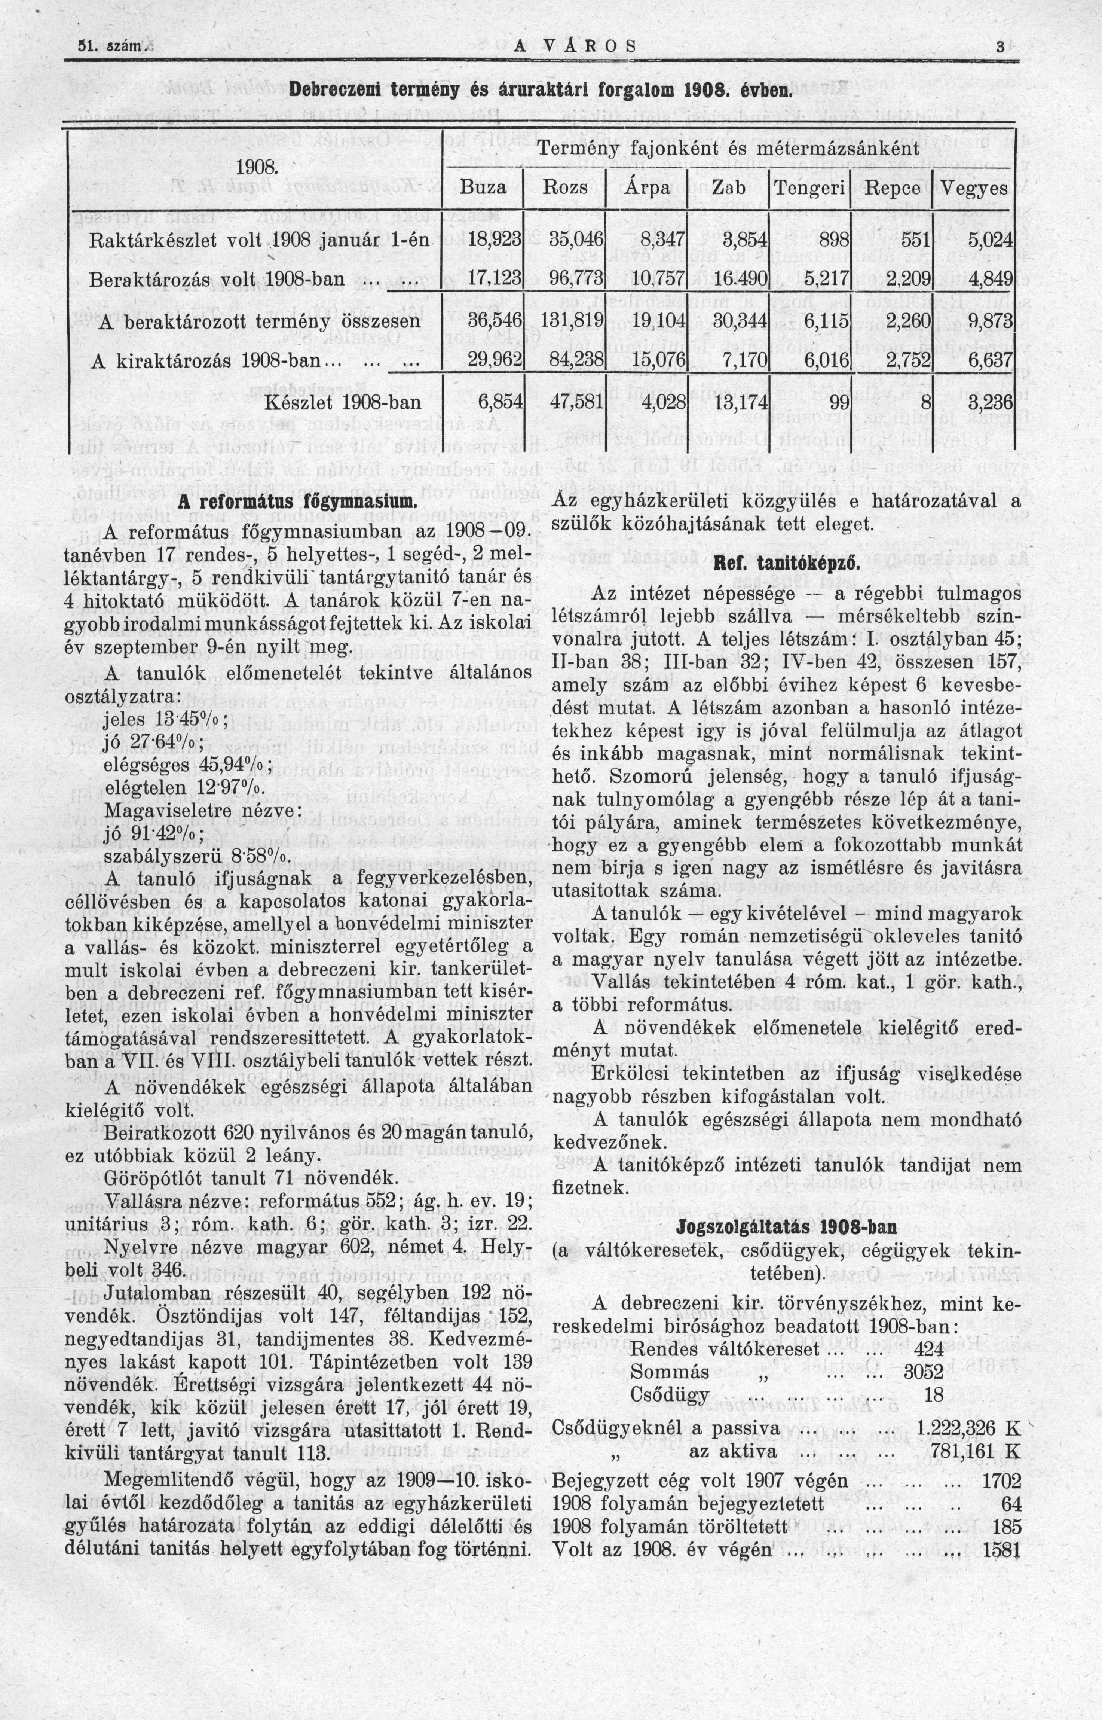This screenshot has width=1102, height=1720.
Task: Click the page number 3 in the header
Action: point(1000,46)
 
